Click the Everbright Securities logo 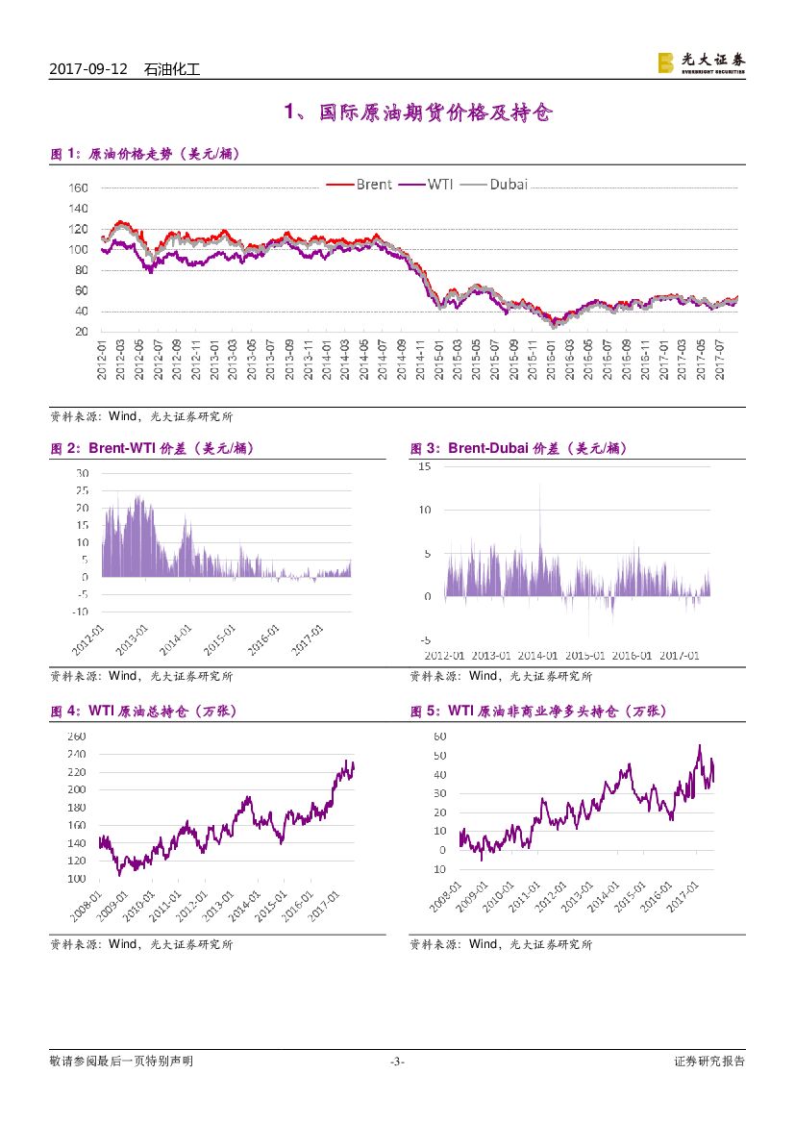click(701, 62)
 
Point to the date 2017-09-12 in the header click(87, 69)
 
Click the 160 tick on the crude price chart click(79, 188)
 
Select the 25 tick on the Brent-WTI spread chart click(82, 490)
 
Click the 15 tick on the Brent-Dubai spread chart click(424, 466)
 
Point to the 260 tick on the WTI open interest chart click(78, 737)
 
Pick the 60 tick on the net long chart click(440, 736)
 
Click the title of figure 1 click(144, 154)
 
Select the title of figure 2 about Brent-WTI click(152, 448)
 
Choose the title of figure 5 click(537, 712)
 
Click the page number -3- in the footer click(397, 1062)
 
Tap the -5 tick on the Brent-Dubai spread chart click(424, 639)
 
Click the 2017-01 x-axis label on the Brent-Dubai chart click(680, 656)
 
